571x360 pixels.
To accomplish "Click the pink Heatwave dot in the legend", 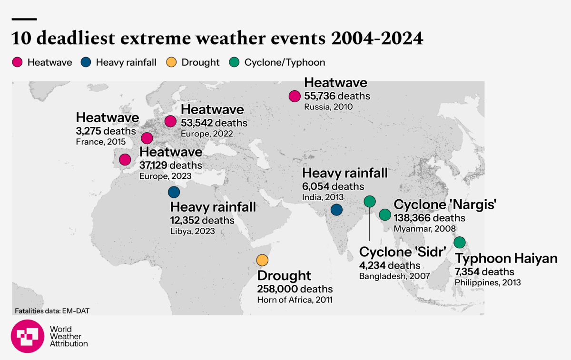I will click(x=18, y=62).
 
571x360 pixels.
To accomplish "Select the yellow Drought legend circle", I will click(x=172, y=62).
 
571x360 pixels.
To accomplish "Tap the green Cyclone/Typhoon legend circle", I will click(x=234, y=62).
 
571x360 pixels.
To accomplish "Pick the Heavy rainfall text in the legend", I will click(x=126, y=62).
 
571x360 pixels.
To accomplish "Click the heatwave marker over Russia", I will click(x=295, y=96).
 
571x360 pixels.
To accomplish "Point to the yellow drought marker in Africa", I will click(x=262, y=260).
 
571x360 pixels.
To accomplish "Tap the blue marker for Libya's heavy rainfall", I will click(x=174, y=192).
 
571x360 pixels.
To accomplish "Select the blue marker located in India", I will click(x=336, y=209).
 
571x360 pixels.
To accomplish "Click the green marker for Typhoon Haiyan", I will click(x=459, y=243).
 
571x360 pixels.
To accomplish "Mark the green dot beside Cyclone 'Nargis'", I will click(x=384, y=214).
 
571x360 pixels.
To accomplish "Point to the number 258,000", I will click(x=278, y=289).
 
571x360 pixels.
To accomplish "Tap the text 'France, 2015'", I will click(x=100, y=142).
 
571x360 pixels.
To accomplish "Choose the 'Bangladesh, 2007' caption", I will click(x=394, y=276).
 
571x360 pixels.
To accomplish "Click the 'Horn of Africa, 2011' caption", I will click(x=295, y=300).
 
